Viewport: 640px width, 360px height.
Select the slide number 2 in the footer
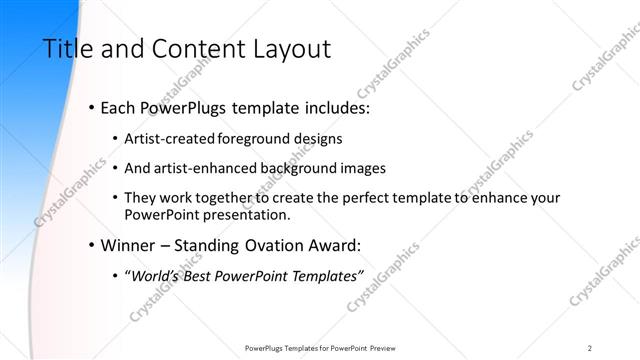pyautogui.click(x=590, y=347)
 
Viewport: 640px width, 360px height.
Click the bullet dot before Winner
pyautogui.click(x=93, y=244)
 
